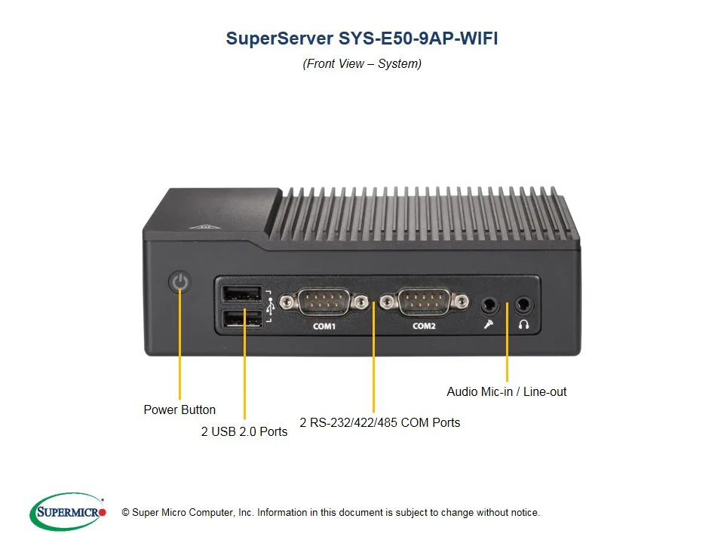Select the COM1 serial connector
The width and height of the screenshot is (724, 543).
pos(324,302)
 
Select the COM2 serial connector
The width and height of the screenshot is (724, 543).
pos(424,302)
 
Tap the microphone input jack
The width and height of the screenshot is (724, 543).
pos(490,305)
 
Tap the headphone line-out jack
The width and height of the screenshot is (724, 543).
pos(523,305)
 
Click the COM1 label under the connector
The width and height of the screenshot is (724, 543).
pos(324,327)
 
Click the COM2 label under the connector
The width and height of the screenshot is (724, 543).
pos(424,327)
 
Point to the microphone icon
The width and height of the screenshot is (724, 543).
pos(489,325)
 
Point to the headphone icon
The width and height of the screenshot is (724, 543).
pos(523,325)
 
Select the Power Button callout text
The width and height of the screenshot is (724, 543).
pos(179,410)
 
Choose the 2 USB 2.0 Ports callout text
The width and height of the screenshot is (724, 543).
pos(244,432)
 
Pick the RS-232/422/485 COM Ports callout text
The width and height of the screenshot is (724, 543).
pos(379,423)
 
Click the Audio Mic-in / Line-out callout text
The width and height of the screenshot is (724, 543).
pos(507,392)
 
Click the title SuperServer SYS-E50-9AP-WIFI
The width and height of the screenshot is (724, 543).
pos(362,38)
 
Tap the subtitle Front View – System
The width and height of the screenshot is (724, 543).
pos(362,64)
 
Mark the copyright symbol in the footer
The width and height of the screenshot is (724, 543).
pos(126,513)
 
